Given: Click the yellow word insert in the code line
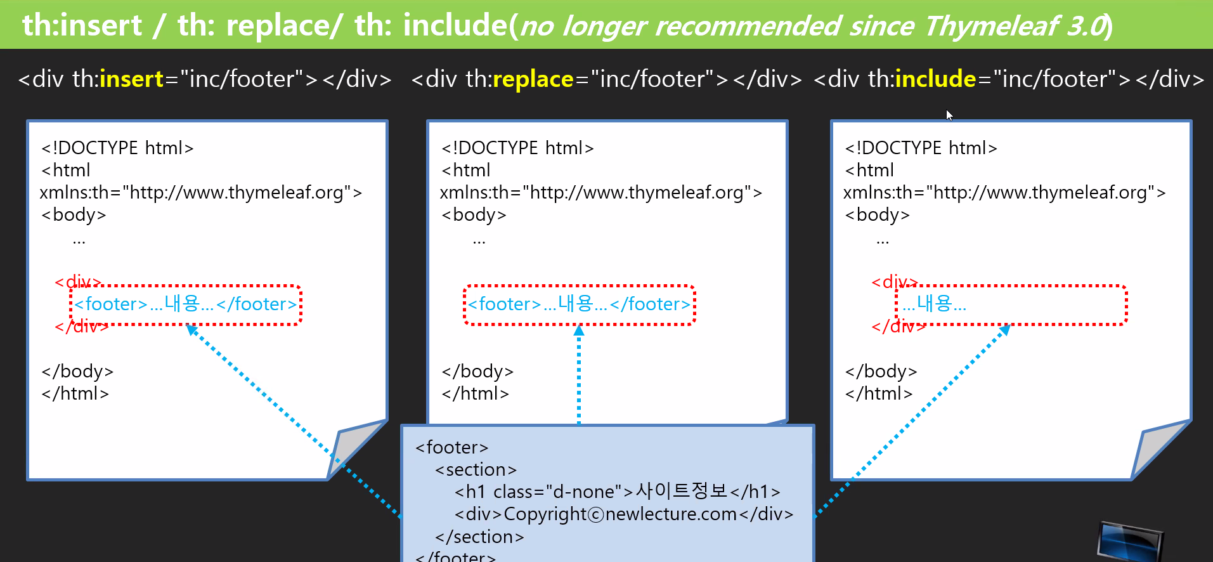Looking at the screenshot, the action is point(132,79).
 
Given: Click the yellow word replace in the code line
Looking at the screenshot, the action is point(533,79).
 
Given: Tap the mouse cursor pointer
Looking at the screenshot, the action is point(949,115).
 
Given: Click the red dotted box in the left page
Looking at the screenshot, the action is point(185,305).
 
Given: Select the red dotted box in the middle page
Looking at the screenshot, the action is point(579,305).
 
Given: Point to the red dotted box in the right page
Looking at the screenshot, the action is point(1011,305).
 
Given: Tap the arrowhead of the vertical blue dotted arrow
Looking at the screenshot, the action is point(579,330).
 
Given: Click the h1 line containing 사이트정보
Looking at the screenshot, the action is point(617,492).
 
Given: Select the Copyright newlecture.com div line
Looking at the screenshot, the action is point(623,514).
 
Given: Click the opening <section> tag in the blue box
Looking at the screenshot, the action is point(476,470).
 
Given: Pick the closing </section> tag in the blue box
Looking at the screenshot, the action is point(479,537).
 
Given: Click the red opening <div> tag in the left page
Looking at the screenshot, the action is point(77,282).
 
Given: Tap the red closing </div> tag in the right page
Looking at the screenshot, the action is point(898,327).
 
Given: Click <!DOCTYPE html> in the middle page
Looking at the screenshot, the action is point(517,148).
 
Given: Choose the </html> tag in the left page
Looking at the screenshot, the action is point(75,393).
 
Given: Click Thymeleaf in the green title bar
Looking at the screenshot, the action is point(990,26).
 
